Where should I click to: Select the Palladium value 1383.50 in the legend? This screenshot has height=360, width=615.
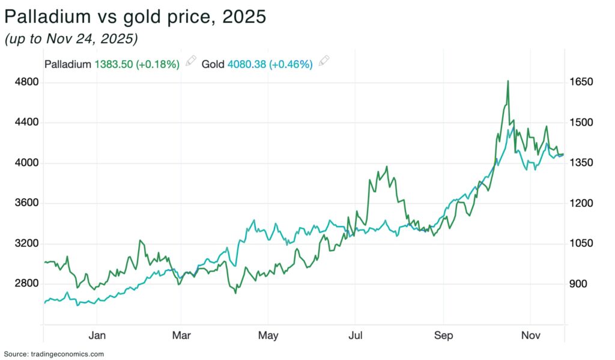point(116,64)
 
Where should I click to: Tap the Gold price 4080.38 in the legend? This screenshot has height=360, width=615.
point(249,64)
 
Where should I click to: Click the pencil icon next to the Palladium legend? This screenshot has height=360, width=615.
point(191,61)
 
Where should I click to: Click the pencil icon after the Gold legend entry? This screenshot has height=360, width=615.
point(324,61)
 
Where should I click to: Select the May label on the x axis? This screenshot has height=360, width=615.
point(268,335)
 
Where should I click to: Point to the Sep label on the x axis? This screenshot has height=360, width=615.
point(444,335)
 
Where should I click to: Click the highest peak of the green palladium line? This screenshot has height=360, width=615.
point(508,81)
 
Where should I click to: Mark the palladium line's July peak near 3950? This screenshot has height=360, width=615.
point(387,166)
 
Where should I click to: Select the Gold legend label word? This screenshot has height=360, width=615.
point(213,64)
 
